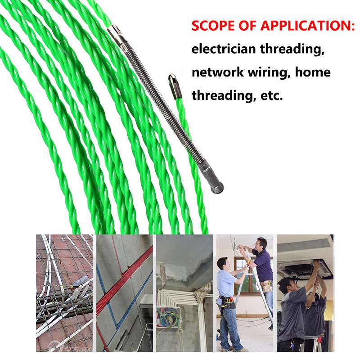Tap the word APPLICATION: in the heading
pyautogui.click(x=308, y=26)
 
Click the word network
pyautogui.click(x=217, y=72)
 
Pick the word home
pyautogui.click(x=313, y=72)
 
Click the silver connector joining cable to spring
pyautogui.click(x=117, y=36)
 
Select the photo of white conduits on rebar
pyautogui.click(x=64, y=293)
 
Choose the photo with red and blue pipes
pyautogui.click(x=125, y=293)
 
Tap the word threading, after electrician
pyautogui.click(x=292, y=49)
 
